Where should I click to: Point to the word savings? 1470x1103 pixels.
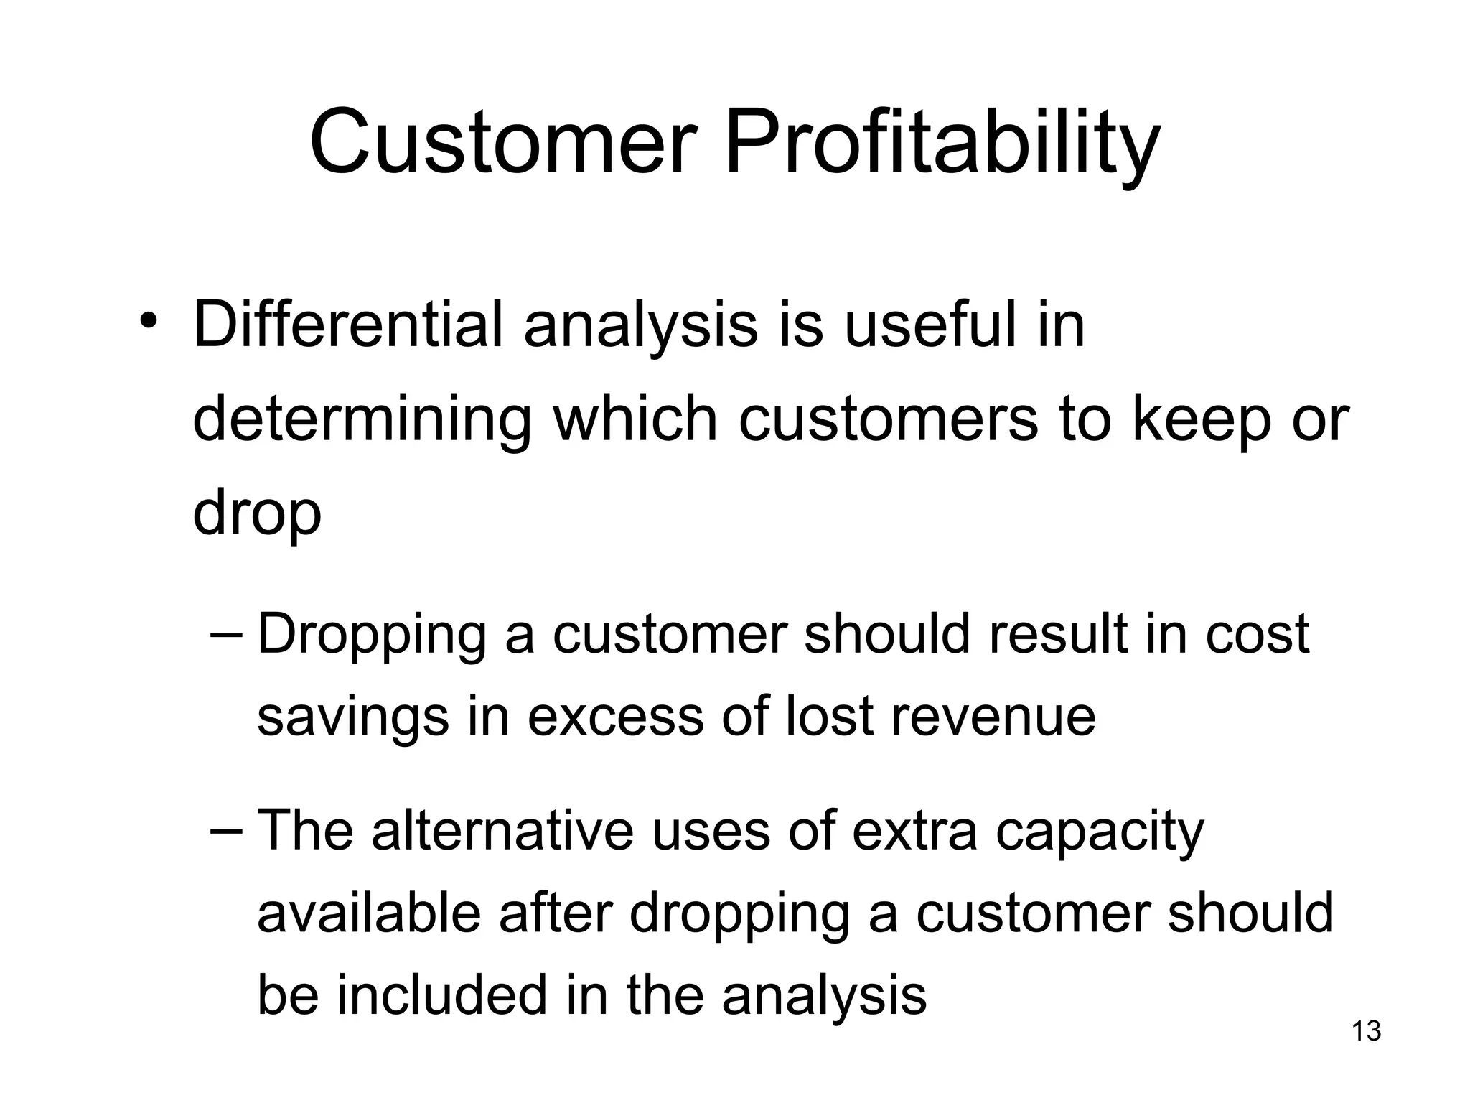tap(352, 717)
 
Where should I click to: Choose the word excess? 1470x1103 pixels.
tap(615, 717)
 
